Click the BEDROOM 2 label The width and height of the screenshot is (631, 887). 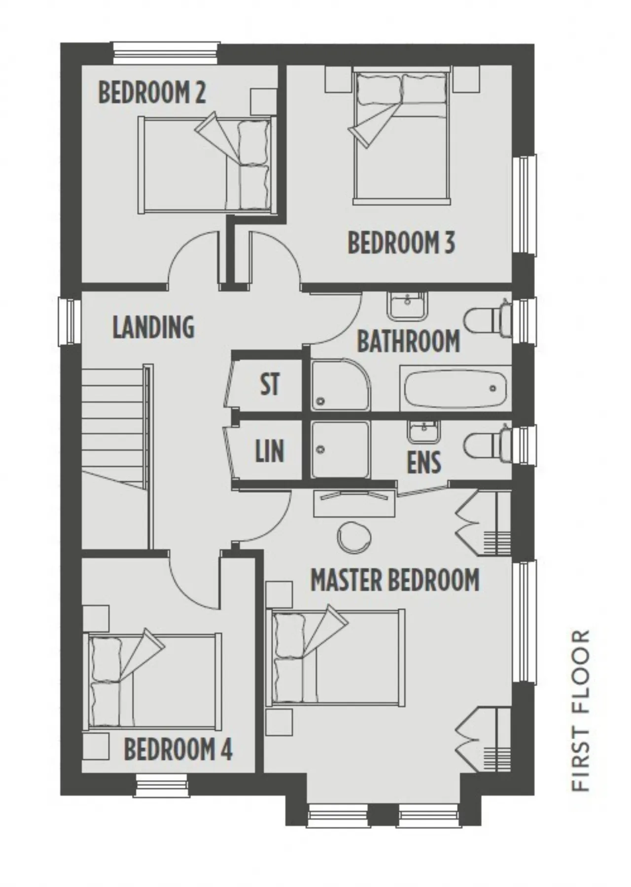click(x=152, y=92)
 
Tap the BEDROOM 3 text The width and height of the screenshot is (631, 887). click(x=401, y=242)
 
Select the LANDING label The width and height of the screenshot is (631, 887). click(x=153, y=327)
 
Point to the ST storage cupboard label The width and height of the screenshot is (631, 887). click(x=270, y=384)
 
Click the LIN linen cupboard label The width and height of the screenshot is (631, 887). click(x=270, y=451)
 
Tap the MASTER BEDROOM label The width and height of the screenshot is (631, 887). click(x=395, y=580)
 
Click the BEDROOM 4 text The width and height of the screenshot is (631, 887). click(x=178, y=750)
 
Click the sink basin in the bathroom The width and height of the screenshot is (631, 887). click(x=408, y=306)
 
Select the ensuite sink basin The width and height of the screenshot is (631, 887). click(x=423, y=432)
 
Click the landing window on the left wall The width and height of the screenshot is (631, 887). click(x=70, y=321)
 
